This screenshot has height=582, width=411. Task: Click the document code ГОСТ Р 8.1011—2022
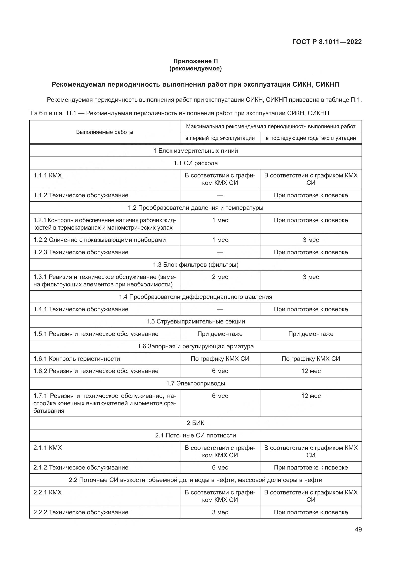(x=327, y=42)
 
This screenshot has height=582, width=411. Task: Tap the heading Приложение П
(x=195, y=61)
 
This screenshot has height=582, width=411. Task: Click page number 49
(x=358, y=529)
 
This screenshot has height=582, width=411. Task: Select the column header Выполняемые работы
(x=105, y=132)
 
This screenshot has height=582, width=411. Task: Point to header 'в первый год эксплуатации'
(x=220, y=138)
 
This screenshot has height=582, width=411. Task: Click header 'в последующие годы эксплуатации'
(x=311, y=138)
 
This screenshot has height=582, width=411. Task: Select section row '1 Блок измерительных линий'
(x=195, y=151)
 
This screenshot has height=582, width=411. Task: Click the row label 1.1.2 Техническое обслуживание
(x=81, y=195)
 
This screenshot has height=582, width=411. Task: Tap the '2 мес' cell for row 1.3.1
(x=220, y=277)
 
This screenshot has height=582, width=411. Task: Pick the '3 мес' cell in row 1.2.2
(x=311, y=240)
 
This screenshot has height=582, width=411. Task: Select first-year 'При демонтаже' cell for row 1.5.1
(x=220, y=334)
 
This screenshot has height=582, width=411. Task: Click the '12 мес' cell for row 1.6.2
(x=311, y=371)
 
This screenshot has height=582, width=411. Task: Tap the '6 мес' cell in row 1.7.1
(x=220, y=396)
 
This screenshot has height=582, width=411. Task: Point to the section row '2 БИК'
(x=195, y=423)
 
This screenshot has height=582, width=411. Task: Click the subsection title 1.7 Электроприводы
(x=195, y=383)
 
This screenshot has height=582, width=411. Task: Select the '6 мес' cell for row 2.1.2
(x=220, y=468)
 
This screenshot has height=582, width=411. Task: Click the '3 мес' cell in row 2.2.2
(x=220, y=512)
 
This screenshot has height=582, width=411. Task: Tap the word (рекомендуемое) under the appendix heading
(x=195, y=68)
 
